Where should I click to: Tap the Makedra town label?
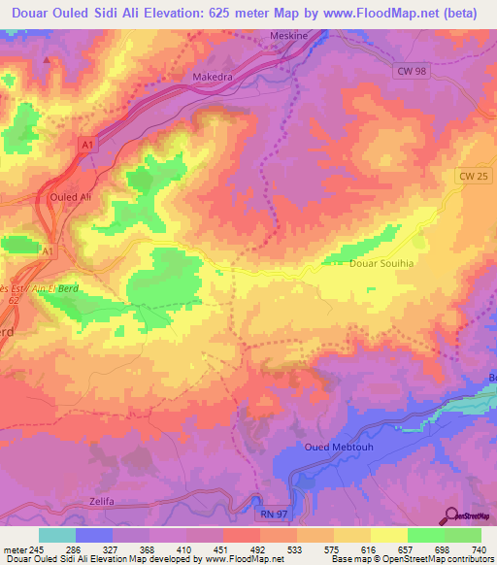[x=202, y=75]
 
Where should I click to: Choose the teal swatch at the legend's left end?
[x=56, y=535]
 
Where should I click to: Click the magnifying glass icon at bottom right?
[x=451, y=515]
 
